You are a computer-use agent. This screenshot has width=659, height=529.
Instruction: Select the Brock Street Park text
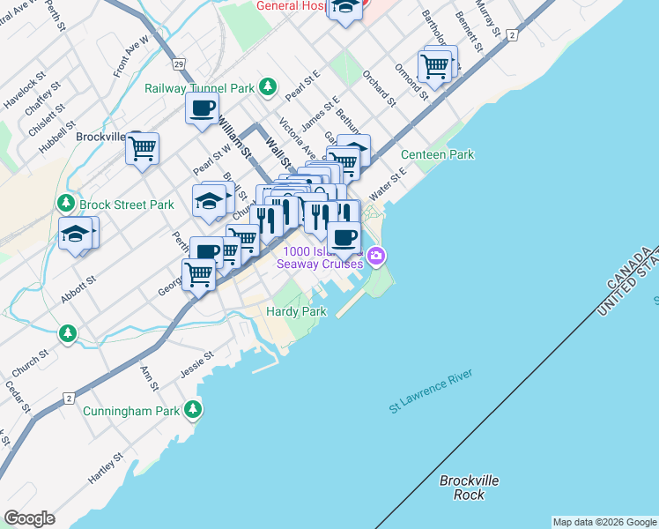(127, 205)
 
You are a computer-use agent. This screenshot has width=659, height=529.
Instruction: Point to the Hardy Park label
(297, 312)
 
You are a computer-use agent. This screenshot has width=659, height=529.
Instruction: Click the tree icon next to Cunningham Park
(192, 410)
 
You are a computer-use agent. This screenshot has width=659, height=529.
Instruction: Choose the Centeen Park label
(437, 154)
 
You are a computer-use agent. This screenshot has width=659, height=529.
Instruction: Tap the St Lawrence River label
(431, 391)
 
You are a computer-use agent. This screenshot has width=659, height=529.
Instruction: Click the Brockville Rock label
(470, 487)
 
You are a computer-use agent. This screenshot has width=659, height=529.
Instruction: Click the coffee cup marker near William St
(202, 109)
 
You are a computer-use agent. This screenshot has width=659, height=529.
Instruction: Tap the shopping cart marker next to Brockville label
(142, 148)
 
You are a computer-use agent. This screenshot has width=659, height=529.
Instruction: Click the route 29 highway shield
(178, 64)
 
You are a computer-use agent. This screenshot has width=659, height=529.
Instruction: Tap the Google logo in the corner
(29, 518)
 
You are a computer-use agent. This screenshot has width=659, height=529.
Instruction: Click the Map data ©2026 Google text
(604, 522)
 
